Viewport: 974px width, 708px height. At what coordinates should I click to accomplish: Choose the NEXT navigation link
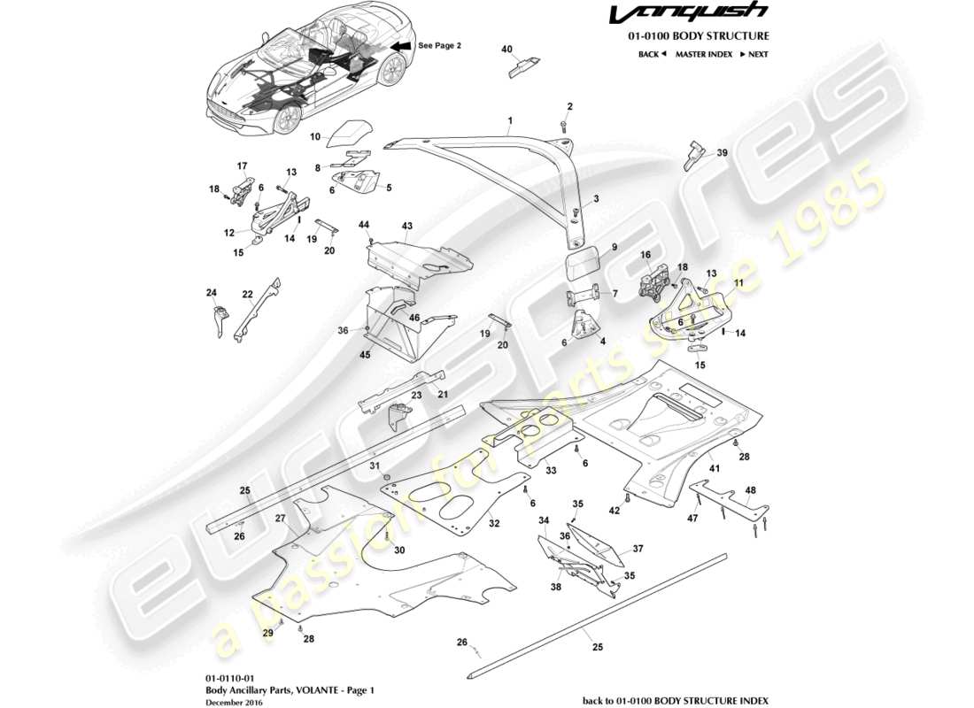(754, 54)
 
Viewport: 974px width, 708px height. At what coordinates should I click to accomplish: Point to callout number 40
(507, 50)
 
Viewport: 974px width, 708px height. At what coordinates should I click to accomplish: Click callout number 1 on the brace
(510, 119)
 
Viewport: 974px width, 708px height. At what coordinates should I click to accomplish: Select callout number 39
(722, 152)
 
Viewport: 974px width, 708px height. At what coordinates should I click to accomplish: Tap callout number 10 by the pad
(314, 137)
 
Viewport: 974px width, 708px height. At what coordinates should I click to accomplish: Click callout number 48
(751, 490)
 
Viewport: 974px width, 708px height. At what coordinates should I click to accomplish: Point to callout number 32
(494, 524)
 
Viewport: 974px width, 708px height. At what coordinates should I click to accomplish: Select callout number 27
(280, 518)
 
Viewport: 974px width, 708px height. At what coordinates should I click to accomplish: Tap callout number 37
(637, 549)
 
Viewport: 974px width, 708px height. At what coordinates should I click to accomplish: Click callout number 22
(248, 294)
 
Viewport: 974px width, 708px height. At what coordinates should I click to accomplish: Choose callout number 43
(407, 227)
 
